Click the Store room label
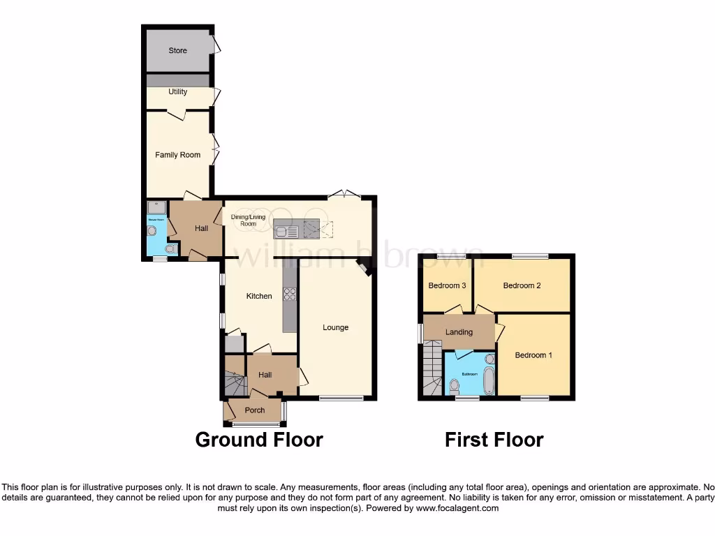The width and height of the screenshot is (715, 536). (179, 50)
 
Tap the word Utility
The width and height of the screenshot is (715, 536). (177, 91)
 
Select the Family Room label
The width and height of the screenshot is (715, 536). (177, 155)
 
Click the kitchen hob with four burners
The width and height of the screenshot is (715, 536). (289, 295)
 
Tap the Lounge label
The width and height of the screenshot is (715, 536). (335, 327)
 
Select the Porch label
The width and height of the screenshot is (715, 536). (255, 410)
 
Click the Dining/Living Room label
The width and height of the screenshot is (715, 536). (244, 221)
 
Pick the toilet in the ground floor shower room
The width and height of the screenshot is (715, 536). (168, 248)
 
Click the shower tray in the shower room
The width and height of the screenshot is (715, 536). (156, 208)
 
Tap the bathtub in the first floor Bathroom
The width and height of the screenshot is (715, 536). (488, 380)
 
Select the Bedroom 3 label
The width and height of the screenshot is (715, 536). (447, 285)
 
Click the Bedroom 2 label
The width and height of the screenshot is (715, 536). (522, 285)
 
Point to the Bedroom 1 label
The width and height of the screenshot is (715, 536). (533, 355)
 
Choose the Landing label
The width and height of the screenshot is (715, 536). (459, 332)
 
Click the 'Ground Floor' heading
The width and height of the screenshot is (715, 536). (258, 440)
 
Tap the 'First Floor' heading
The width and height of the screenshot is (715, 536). (494, 440)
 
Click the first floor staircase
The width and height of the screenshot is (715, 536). (431, 368)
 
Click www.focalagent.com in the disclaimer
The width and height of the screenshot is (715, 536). (457, 509)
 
